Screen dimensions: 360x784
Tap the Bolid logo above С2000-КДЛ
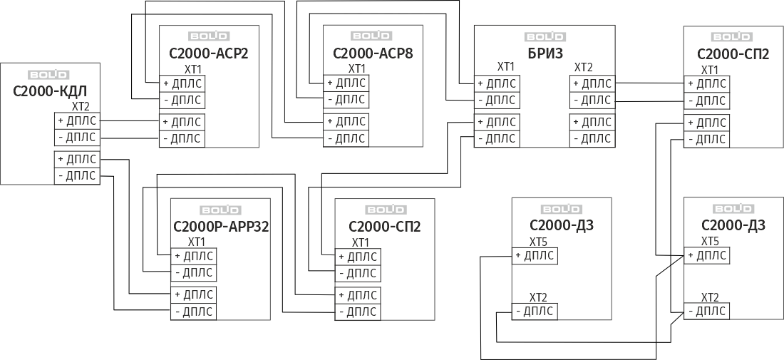(x=48, y=74)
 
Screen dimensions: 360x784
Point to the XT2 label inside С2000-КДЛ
(x=81, y=106)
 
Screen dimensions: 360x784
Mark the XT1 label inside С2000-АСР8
(x=357, y=68)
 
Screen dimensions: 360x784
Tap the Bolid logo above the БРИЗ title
(x=545, y=36)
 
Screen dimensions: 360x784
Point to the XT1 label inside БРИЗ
(x=505, y=66)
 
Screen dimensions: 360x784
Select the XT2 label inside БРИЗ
(x=583, y=66)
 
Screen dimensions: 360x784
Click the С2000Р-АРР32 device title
(x=220, y=227)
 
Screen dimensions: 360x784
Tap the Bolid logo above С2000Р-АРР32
(x=220, y=210)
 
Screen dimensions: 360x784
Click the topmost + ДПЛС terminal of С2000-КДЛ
(x=77, y=120)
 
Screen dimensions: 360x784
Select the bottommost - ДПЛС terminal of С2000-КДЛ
(x=77, y=175)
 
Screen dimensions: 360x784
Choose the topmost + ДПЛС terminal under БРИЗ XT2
(x=592, y=83)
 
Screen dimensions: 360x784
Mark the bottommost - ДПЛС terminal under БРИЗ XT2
(x=592, y=138)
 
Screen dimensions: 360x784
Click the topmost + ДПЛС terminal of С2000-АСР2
(x=182, y=83)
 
